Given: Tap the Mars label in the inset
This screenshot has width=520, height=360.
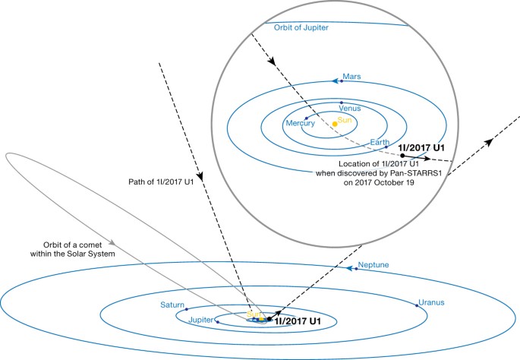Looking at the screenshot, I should pyautogui.click(x=351, y=77).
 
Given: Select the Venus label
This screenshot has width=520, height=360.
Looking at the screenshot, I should pyautogui.click(x=349, y=109).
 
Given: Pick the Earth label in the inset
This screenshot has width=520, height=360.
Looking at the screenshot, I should pyautogui.click(x=380, y=141).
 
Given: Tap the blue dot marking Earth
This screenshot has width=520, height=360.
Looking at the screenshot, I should pyautogui.click(x=386, y=147).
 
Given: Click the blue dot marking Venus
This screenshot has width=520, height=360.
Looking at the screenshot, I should pyautogui.click(x=342, y=103).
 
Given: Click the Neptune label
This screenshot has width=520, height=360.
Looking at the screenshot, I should pyautogui.click(x=373, y=265).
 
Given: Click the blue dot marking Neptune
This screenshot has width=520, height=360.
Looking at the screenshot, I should pyautogui.click(x=355, y=270).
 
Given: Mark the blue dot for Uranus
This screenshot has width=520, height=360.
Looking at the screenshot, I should pyautogui.click(x=418, y=305).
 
